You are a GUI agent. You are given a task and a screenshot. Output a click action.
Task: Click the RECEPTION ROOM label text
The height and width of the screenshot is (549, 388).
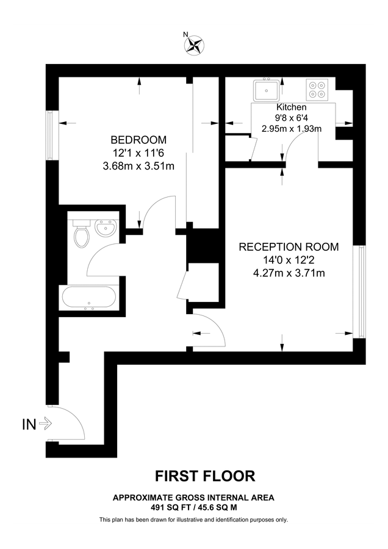[x=288, y=247]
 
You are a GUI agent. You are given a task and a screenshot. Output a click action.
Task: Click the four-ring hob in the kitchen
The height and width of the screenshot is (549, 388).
[x=317, y=90]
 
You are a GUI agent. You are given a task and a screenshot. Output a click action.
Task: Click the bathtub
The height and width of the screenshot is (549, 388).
[x=89, y=298]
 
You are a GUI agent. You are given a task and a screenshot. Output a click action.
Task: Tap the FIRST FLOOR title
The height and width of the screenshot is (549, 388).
[x=204, y=475]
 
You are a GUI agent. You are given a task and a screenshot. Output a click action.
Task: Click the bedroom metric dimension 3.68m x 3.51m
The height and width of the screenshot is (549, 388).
[x=140, y=165]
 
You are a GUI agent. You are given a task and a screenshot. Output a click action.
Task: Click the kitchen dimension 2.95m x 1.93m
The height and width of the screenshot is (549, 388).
[x=291, y=129]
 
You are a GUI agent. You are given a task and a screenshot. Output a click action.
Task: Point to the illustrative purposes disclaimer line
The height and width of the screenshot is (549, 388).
[x=193, y=520]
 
